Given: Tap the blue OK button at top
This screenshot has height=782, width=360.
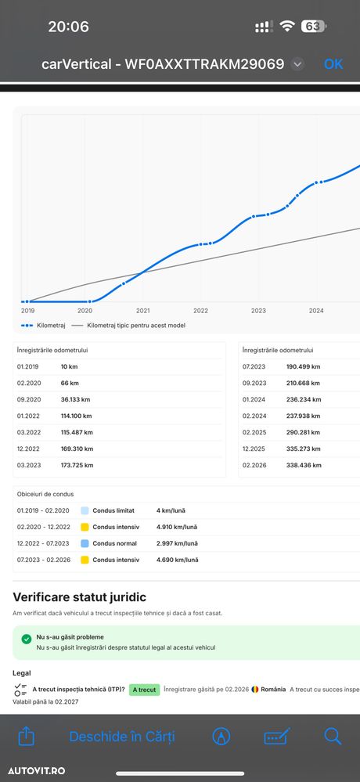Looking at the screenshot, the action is click(333, 64).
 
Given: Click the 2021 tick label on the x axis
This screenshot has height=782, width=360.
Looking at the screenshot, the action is click(142, 311).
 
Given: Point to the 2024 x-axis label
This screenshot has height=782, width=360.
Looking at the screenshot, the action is click(316, 311).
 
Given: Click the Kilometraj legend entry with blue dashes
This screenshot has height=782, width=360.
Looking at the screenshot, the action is click(44, 326).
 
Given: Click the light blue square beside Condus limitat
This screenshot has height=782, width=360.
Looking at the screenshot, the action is click(85, 510).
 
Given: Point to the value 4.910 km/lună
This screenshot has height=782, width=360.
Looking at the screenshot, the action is click(177, 527).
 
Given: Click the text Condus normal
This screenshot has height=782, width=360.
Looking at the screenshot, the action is click(115, 543).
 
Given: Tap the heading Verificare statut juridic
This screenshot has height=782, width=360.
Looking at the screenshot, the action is click(79, 597).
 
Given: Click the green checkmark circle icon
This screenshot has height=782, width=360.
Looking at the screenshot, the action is click(27, 639).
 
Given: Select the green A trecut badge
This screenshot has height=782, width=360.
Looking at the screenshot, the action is click(144, 690).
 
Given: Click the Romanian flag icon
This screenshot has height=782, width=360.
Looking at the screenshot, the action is click(255, 689).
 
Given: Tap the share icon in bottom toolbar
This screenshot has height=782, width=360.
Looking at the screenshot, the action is click(26, 736).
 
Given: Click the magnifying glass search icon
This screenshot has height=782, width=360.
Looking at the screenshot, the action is click(333, 736).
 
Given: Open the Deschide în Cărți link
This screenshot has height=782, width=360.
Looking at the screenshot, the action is click(122, 737).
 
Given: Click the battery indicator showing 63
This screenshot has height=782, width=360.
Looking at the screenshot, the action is click(313, 26).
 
